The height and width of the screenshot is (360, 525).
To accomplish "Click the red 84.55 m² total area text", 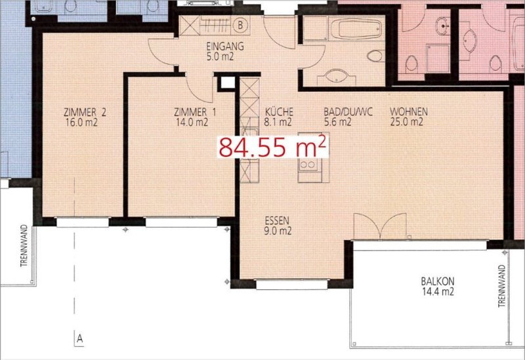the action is click(272, 147).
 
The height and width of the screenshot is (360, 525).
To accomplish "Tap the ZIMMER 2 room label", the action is click(85, 112).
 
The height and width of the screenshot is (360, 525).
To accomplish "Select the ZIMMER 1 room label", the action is click(195, 112).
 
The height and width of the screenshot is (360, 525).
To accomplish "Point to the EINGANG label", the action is click(225, 46).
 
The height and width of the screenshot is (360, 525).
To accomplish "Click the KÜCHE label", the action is click(279, 111).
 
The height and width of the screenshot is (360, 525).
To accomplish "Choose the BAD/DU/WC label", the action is click(348, 111).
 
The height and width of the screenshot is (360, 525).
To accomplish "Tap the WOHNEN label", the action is click(408, 111).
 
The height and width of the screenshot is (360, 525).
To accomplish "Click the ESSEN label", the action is click(277, 220).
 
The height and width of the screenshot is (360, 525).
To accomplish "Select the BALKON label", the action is click(438, 281).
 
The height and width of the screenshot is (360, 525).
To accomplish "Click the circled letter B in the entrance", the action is click(240, 25).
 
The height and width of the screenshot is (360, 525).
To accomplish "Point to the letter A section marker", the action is click(79, 338).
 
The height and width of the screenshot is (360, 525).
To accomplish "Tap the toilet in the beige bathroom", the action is click(375, 56).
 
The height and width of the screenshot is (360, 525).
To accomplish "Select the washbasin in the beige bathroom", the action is click(336, 76).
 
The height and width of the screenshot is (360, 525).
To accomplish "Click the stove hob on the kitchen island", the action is click(308, 165).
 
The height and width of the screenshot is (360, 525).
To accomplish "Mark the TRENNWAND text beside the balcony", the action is click(501, 286).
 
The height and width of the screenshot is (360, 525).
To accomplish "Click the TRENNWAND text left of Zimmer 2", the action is click(24, 246).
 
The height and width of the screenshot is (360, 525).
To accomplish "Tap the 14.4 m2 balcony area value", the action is click(438, 292).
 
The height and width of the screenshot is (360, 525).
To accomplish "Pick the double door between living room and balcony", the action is click(380, 227).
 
